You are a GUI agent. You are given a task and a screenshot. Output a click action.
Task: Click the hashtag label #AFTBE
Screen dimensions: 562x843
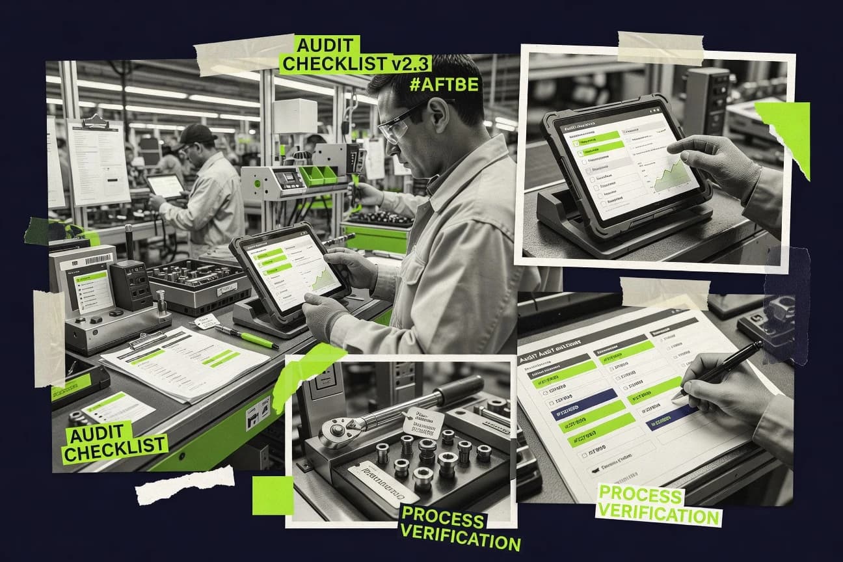pyautogui.click(x=445, y=85)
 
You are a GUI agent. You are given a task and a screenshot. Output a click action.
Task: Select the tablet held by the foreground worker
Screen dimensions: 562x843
pyautogui.click(x=290, y=271)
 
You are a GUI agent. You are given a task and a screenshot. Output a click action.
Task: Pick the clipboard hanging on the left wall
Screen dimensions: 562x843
pyautogui.click(x=98, y=161)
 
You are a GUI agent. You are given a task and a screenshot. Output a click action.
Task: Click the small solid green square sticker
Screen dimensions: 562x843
pyautogui.click(x=273, y=495)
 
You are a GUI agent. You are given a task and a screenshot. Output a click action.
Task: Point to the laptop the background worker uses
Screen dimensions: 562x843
pyautogui.click(x=166, y=186)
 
